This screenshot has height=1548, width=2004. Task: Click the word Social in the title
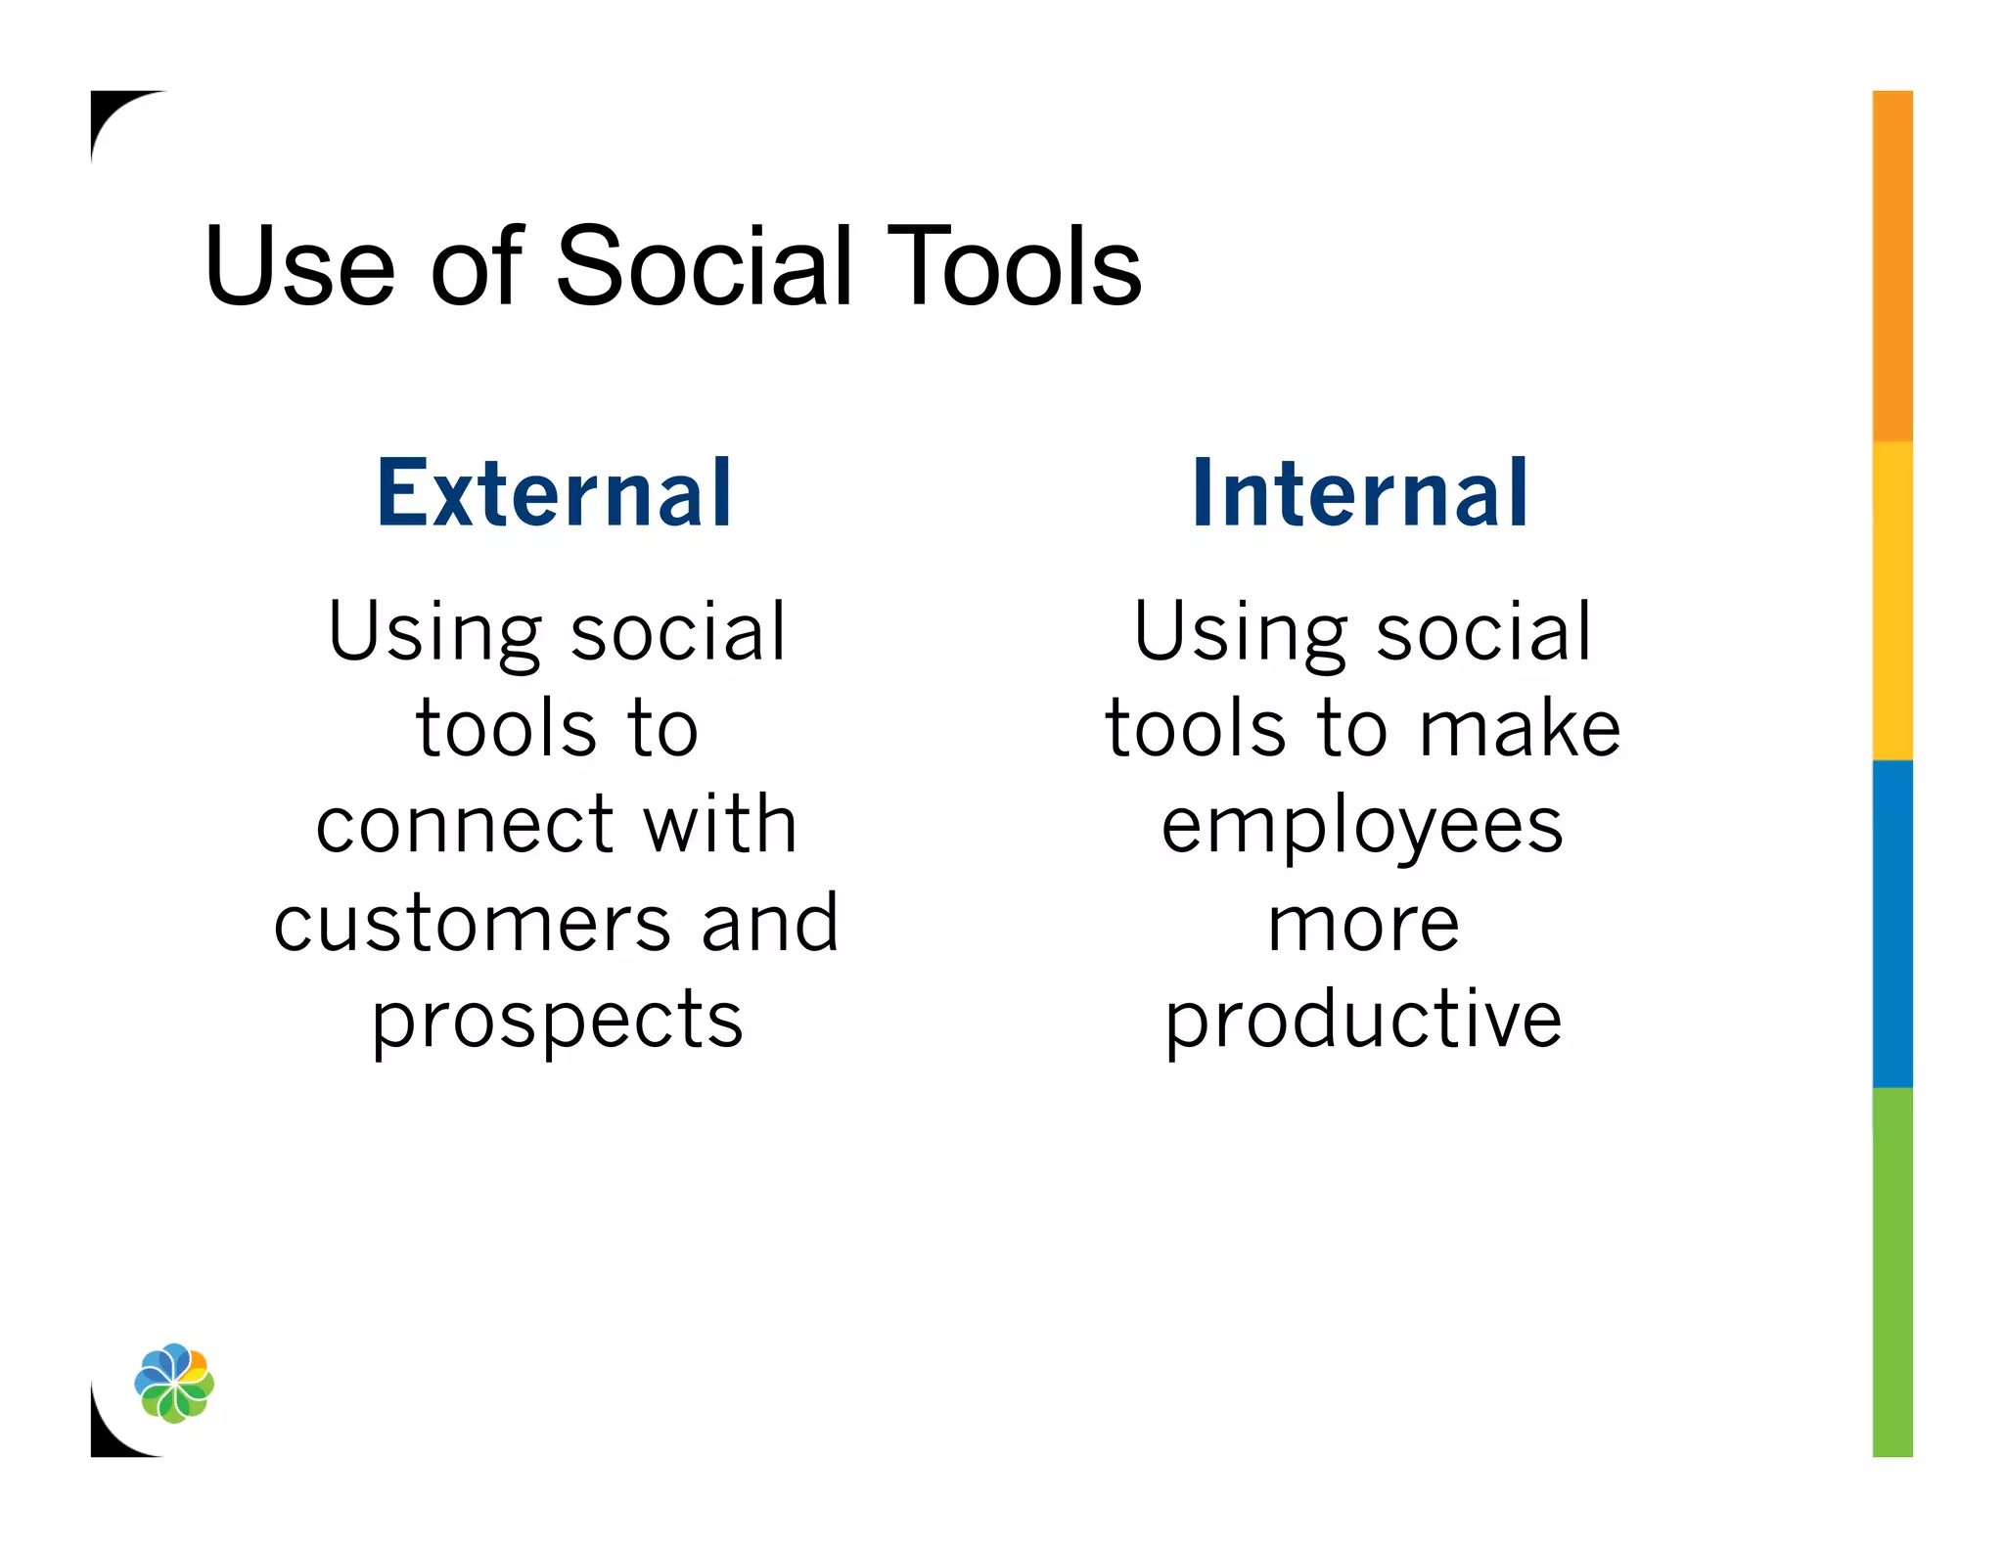(x=704, y=266)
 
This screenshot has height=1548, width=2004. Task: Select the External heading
(x=555, y=493)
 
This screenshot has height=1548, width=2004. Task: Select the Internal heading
(x=1360, y=493)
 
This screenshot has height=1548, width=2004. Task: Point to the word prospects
(x=558, y=1021)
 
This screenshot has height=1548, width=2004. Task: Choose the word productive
(x=1363, y=1021)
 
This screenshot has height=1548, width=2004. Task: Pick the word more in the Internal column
(x=1363, y=925)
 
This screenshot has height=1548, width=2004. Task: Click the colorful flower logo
(x=174, y=1383)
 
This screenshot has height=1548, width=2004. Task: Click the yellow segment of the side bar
(x=1892, y=600)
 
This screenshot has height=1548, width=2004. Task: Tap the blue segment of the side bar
(x=1892, y=923)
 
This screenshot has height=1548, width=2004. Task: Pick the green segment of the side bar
(x=1892, y=1272)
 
